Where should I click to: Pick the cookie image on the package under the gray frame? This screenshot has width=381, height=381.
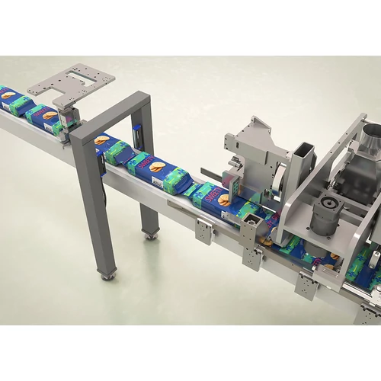pos(101,139)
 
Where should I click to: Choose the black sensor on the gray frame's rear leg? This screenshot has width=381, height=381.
pos(139,133)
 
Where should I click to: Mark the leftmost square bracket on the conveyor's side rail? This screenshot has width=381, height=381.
pos(203,231)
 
